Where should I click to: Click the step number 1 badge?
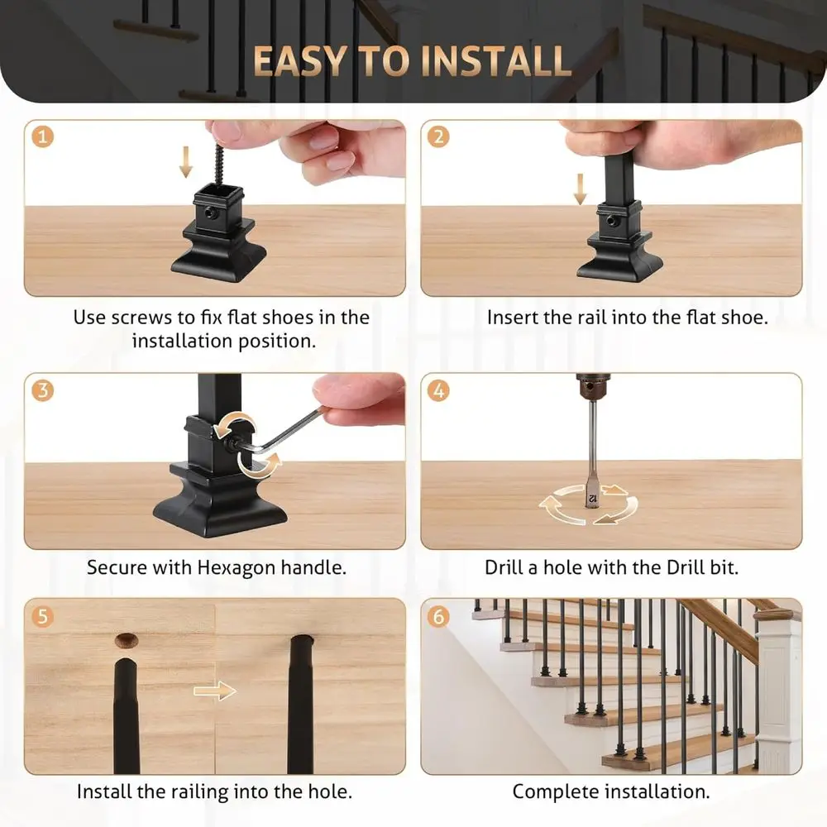[43, 136]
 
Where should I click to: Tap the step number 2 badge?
[439, 136]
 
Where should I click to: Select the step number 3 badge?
[43, 390]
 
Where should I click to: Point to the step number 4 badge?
[439, 390]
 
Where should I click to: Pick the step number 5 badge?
[43, 616]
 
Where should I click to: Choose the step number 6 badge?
[439, 616]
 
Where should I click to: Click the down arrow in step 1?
[186, 162]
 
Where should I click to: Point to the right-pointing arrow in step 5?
[215, 691]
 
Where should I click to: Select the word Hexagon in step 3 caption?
[240, 568]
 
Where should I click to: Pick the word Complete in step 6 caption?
[551, 791]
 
